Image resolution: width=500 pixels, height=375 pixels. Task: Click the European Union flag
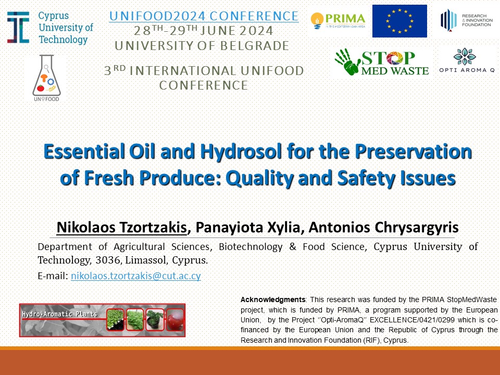pyautogui.click(x=399, y=21)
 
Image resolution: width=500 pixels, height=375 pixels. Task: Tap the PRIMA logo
pyautogui.click(x=337, y=21)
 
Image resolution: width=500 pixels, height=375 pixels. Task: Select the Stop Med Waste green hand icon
pyautogui.click(x=347, y=62)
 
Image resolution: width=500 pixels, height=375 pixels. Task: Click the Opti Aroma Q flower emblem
pyautogui.click(x=465, y=56)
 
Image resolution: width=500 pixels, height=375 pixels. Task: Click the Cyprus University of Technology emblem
pyautogui.click(x=18, y=28)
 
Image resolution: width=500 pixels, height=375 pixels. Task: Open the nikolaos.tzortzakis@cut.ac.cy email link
pyautogui.click(x=136, y=276)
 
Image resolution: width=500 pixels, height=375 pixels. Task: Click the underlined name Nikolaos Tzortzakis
pyautogui.click(x=121, y=228)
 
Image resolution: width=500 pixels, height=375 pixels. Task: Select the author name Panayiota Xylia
pyautogui.click(x=248, y=228)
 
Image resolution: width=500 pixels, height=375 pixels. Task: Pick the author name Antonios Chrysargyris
pyautogui.click(x=384, y=228)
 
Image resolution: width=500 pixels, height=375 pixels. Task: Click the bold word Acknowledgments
pyautogui.click(x=273, y=300)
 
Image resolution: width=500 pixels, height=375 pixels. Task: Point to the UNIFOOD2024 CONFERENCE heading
pyautogui.click(x=204, y=16)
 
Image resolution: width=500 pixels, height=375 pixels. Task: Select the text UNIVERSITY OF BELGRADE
pyautogui.click(x=202, y=46)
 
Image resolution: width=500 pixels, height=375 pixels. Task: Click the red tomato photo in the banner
pyautogui.click(x=175, y=320)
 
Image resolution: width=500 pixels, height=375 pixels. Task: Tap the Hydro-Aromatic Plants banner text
pyautogui.click(x=59, y=314)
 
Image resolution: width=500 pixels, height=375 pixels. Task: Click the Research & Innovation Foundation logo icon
pyautogui.click(x=448, y=20)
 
